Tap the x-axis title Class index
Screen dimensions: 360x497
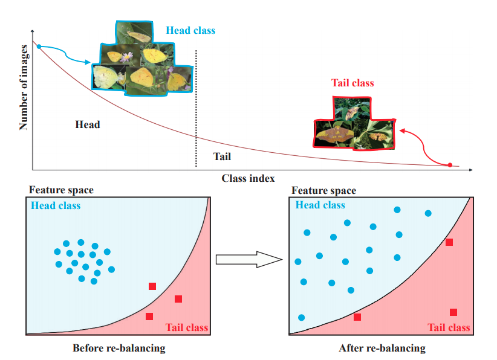(248, 178)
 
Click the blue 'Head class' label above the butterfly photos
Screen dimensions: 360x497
(190, 30)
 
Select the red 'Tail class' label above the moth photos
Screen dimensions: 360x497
(352, 83)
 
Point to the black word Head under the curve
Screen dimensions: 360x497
(88, 124)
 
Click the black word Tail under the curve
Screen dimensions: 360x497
(222, 156)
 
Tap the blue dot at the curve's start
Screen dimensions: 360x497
(39, 46)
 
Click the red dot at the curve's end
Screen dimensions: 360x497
(450, 165)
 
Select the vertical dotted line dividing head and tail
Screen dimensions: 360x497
(196, 109)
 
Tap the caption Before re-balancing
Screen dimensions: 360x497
(119, 348)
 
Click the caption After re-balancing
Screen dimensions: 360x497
(382, 348)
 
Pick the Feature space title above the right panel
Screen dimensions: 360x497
(324, 191)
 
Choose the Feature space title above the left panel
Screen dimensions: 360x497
(61, 190)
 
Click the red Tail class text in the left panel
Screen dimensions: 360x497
(186, 327)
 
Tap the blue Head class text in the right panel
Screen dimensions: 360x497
(320, 205)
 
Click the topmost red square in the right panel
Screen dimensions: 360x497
(449, 242)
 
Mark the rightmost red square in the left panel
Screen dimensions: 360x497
(178, 299)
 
